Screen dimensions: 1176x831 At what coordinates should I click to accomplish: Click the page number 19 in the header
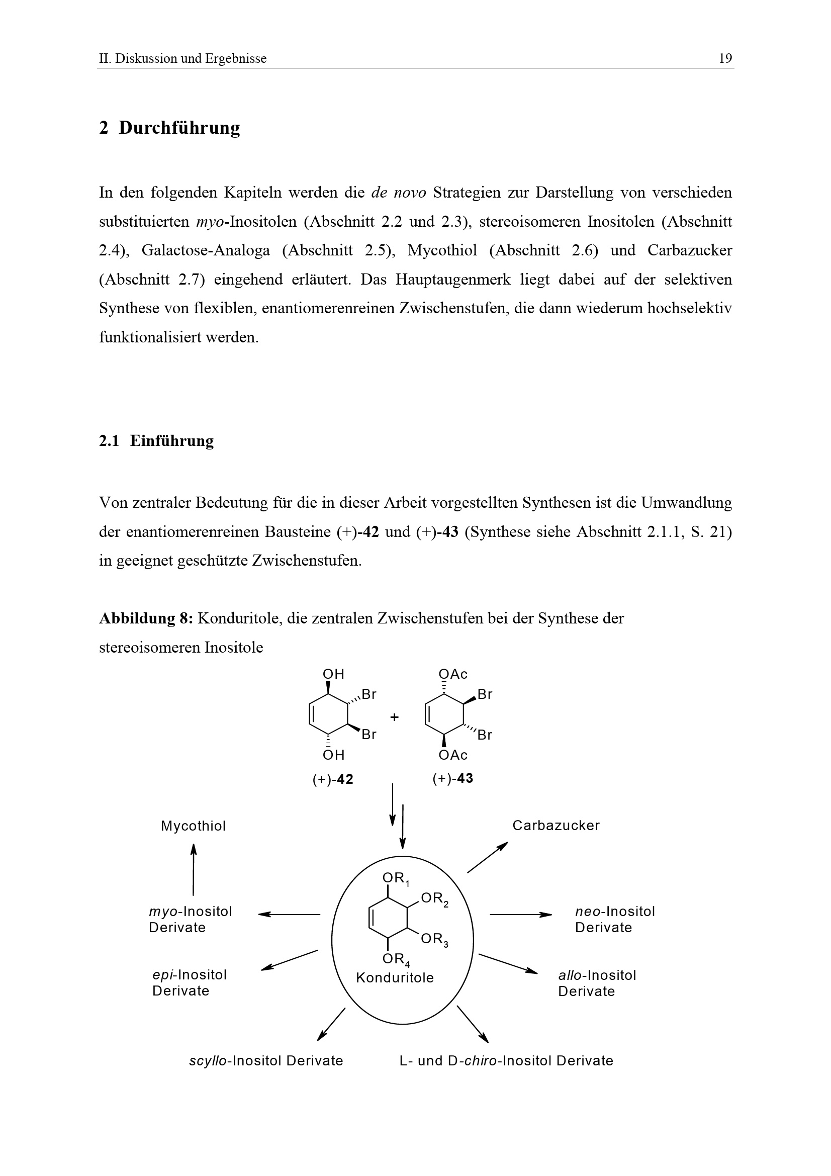pos(725,58)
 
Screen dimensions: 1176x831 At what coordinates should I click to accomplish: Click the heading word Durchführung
pos(179,128)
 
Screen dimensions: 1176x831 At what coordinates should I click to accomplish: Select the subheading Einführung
pos(171,440)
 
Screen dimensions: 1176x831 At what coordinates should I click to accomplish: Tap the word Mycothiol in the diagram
pos(193,826)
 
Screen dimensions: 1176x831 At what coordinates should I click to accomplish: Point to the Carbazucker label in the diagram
pos(556,825)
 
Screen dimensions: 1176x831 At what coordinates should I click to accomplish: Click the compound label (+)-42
pos(333,779)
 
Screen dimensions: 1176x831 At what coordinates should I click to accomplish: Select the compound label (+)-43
pos(452,778)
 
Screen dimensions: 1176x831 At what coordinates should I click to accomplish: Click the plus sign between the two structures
pos(394,717)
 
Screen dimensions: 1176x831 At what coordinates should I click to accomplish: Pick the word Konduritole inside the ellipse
pos(395,977)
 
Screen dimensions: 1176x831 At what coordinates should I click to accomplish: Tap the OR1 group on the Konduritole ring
pos(396,878)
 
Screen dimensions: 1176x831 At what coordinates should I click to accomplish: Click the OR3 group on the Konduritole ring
pos(434,939)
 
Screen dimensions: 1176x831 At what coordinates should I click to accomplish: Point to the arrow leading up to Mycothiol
pos(193,869)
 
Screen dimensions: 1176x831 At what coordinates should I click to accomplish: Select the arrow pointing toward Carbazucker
pos(487,857)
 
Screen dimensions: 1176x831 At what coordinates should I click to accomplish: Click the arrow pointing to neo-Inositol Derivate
pos(520,914)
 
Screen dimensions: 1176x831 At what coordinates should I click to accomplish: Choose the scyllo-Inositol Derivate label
pos(266,1060)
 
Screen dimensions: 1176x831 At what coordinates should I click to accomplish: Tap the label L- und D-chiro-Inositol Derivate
pos(506,1060)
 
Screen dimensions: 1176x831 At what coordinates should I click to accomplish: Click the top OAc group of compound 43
pos(453,674)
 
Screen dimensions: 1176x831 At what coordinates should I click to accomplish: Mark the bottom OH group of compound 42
pos(333,755)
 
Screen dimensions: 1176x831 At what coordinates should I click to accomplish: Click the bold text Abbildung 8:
pos(145,618)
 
